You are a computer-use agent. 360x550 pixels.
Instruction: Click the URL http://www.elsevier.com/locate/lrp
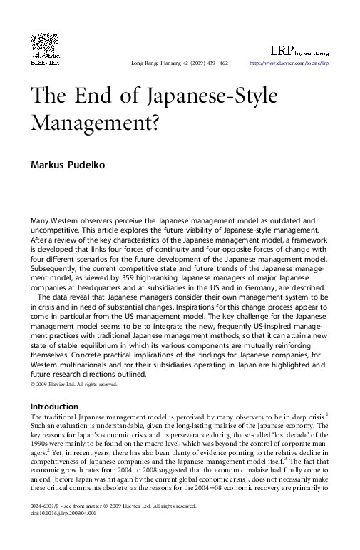coord(289,64)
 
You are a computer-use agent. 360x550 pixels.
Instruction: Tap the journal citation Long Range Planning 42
coord(163,64)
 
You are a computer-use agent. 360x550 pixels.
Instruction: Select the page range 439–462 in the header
coord(213,64)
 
